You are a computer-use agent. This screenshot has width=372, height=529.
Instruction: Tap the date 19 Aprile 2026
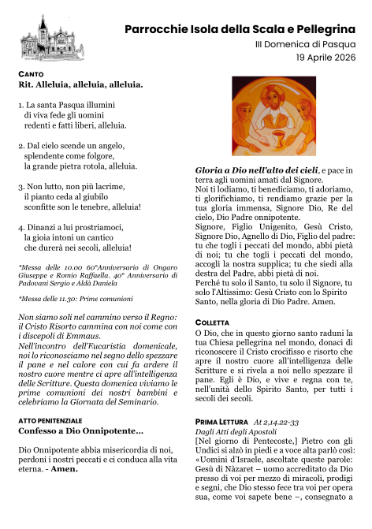point(326,58)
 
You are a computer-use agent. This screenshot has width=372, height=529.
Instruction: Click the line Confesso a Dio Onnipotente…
point(80,431)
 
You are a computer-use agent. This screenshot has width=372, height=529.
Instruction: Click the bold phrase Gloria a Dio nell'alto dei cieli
point(257,170)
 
